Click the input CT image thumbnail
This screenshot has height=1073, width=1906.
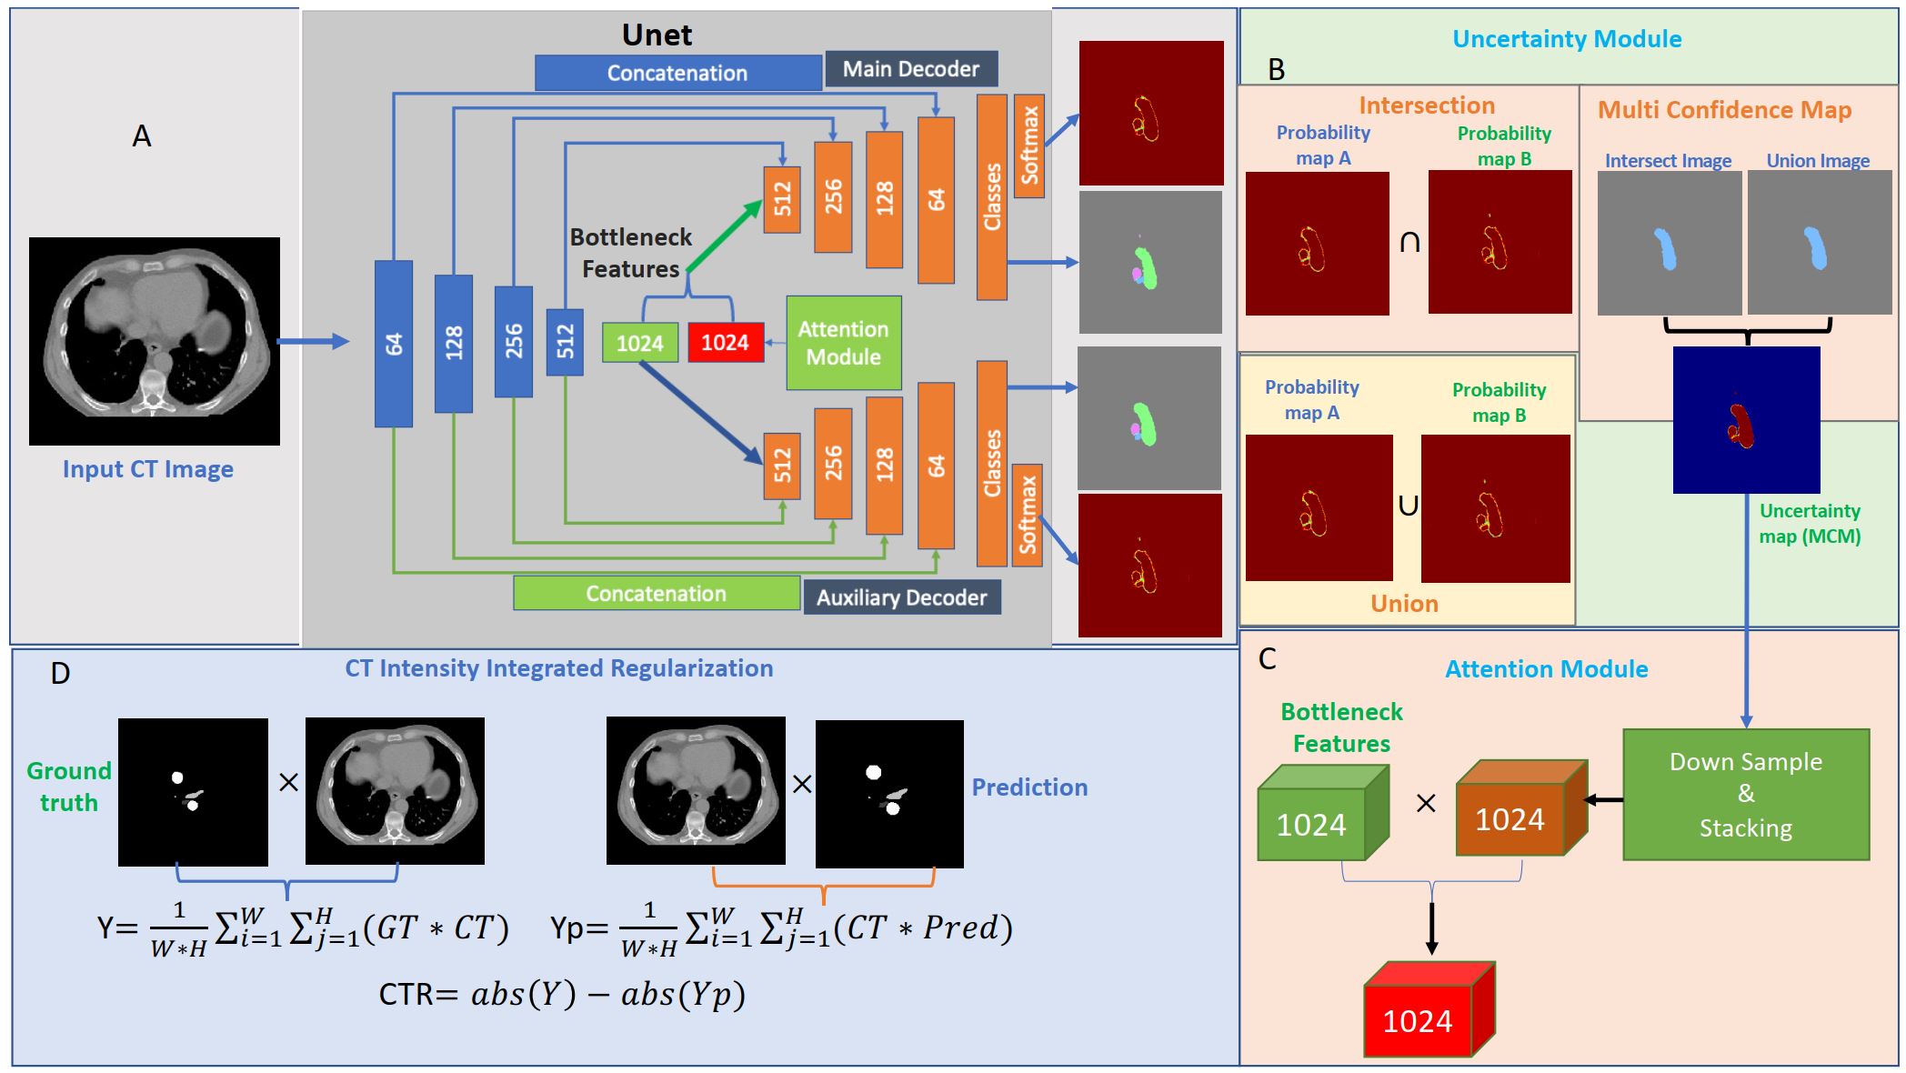point(155,341)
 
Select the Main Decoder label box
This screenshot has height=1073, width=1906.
point(910,69)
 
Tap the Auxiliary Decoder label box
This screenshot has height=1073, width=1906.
point(901,597)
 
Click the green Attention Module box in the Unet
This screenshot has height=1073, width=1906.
point(843,343)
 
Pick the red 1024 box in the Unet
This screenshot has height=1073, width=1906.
point(725,343)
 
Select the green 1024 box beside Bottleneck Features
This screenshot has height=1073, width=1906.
point(640,343)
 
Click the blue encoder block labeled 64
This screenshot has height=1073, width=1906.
point(393,344)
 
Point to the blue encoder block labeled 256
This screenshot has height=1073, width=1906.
point(513,342)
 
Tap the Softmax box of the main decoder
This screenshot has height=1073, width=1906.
point(1028,145)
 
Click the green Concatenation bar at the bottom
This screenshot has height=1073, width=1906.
point(656,594)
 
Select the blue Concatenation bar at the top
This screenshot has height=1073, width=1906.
point(677,73)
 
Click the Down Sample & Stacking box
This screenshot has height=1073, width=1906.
point(1745,795)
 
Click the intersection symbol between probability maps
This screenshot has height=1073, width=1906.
point(1409,242)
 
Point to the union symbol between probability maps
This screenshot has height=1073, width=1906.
point(1407,506)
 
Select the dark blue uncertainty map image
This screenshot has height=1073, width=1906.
point(1746,420)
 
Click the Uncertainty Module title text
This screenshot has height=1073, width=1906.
point(1566,39)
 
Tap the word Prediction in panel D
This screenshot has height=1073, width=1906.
point(1028,787)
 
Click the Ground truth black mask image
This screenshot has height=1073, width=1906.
point(193,791)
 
